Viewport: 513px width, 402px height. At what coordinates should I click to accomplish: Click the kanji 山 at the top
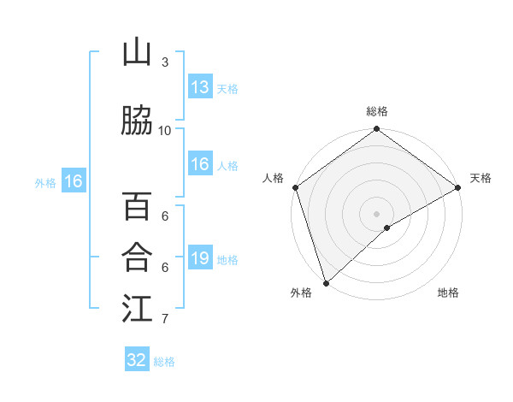click(137, 53)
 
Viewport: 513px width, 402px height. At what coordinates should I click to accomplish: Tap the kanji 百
click(137, 207)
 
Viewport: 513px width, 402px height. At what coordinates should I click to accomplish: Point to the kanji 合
click(137, 257)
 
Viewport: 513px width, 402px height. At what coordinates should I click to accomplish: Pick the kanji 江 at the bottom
click(137, 309)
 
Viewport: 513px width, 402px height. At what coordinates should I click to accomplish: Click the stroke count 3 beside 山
click(165, 62)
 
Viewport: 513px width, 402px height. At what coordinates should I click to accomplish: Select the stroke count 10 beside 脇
click(165, 130)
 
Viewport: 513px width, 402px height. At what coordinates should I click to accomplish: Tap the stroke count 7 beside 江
click(165, 319)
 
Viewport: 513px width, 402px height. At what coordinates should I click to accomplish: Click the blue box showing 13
click(199, 87)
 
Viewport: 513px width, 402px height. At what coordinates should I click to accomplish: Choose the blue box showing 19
click(199, 258)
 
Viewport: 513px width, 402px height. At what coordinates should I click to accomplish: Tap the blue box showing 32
click(137, 360)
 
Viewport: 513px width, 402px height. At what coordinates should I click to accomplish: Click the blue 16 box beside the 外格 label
click(73, 181)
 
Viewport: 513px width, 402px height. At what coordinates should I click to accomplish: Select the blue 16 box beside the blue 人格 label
click(199, 164)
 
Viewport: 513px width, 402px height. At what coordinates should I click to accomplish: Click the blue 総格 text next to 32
click(164, 362)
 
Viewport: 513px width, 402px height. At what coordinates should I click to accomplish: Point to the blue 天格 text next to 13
click(227, 89)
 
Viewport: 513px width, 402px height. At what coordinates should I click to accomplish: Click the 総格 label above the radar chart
click(376, 111)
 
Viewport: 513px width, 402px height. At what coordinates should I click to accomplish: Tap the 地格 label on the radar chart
click(448, 293)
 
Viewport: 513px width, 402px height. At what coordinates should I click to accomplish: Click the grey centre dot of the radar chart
click(376, 213)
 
